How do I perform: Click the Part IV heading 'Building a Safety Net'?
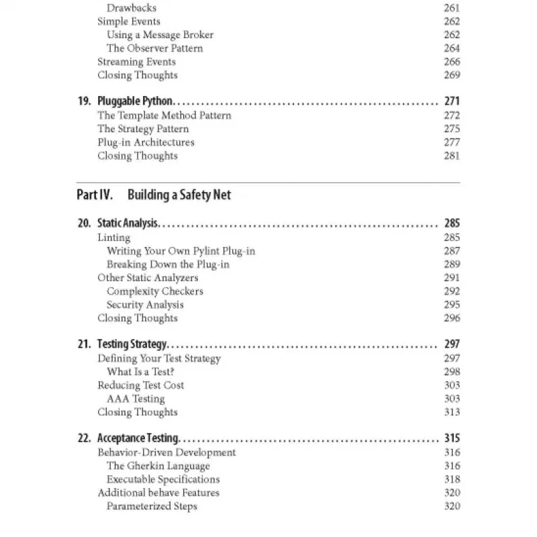click(179, 195)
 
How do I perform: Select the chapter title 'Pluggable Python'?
click(135, 102)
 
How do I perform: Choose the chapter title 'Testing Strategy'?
click(132, 344)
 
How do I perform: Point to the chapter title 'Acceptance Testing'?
click(138, 438)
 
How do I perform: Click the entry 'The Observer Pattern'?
click(154, 48)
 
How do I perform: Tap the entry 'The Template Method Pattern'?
click(164, 115)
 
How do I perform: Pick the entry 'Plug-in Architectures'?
click(146, 142)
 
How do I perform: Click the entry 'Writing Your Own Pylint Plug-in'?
click(181, 251)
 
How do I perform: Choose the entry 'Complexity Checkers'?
click(154, 291)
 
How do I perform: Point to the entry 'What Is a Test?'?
click(140, 372)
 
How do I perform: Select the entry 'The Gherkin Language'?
click(158, 466)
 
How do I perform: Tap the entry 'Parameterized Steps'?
click(152, 506)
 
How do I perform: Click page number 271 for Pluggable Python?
click(452, 102)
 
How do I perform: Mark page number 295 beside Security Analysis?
click(452, 305)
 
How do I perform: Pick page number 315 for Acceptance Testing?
click(452, 438)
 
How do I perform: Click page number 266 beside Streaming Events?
click(452, 62)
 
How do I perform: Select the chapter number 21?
click(84, 344)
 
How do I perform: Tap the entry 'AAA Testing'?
click(135, 399)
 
